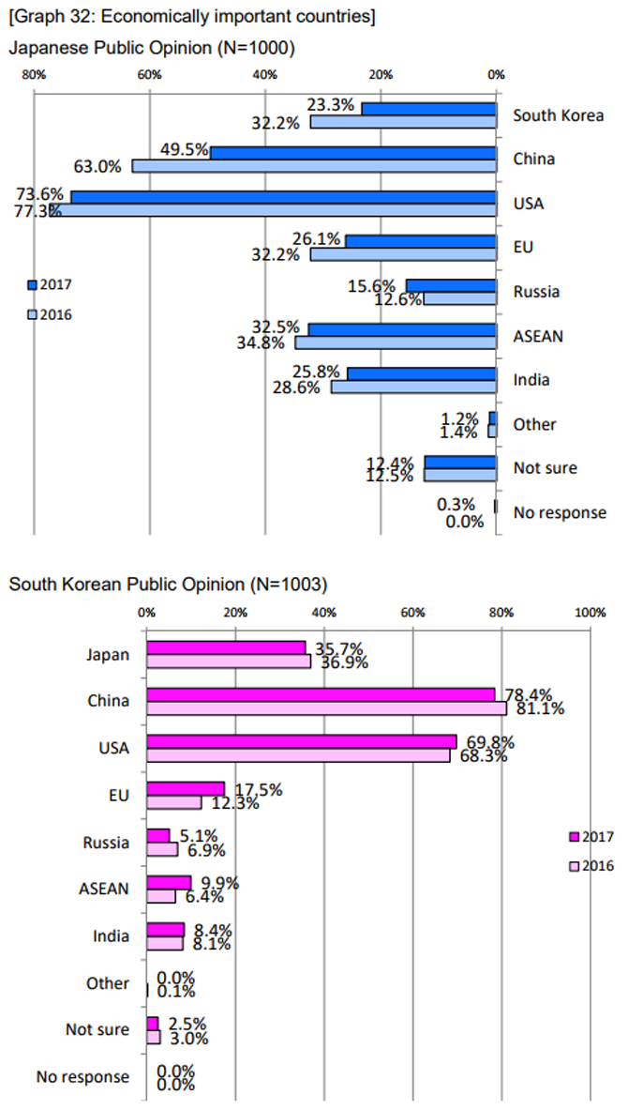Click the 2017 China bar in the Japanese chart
tap(353, 153)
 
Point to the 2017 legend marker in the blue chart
tap(32, 284)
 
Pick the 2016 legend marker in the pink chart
tap(574, 866)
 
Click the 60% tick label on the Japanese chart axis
tap(149, 75)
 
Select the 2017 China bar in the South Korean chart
tap(321, 694)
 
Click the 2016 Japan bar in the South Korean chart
tap(229, 661)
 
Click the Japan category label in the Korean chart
tap(108, 655)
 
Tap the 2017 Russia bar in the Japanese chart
tap(451, 285)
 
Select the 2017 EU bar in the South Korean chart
tap(186, 788)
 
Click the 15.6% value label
tap(379, 283)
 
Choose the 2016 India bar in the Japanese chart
tap(414, 387)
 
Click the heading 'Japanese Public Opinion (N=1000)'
tap(152, 48)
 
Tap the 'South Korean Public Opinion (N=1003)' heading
tap(168, 585)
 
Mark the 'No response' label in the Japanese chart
tap(560, 512)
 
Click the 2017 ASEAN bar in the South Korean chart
tap(169, 882)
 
